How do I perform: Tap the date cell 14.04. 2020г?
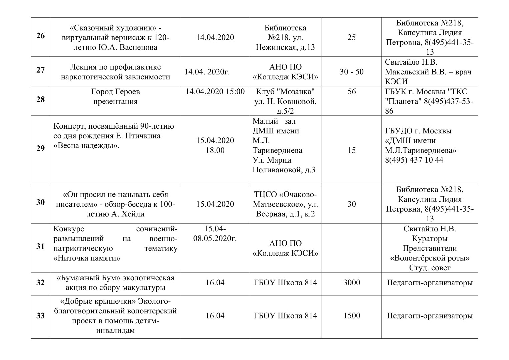coord(207,72)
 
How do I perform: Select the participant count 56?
coord(352,92)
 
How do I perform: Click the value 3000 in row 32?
coord(352,283)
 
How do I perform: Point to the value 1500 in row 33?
coord(352,316)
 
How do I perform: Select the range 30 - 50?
coord(352,72)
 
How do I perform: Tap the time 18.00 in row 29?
coord(215,150)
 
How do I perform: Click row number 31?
coord(40,246)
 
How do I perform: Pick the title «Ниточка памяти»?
coord(87,258)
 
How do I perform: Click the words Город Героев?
coord(115,92)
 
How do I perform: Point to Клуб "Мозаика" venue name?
coord(285,92)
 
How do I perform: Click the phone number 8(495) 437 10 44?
coord(414,160)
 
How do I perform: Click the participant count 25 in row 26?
coord(352,37)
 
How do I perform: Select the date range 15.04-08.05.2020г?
coord(215,234)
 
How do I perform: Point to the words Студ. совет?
coord(430,268)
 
